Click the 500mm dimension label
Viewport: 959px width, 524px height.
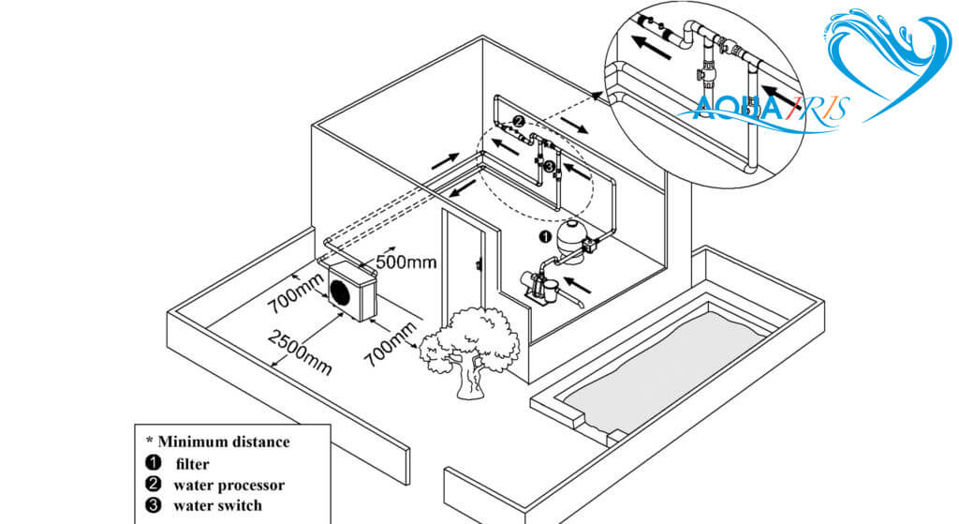point(406,262)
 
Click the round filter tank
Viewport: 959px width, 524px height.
point(568,235)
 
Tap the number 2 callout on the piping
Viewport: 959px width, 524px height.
point(517,121)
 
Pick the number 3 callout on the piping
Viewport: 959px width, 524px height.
point(550,168)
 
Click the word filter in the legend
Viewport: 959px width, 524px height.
point(191,463)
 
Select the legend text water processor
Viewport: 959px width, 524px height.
point(229,485)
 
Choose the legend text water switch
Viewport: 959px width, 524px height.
point(217,507)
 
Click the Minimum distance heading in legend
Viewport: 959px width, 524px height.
point(218,441)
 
